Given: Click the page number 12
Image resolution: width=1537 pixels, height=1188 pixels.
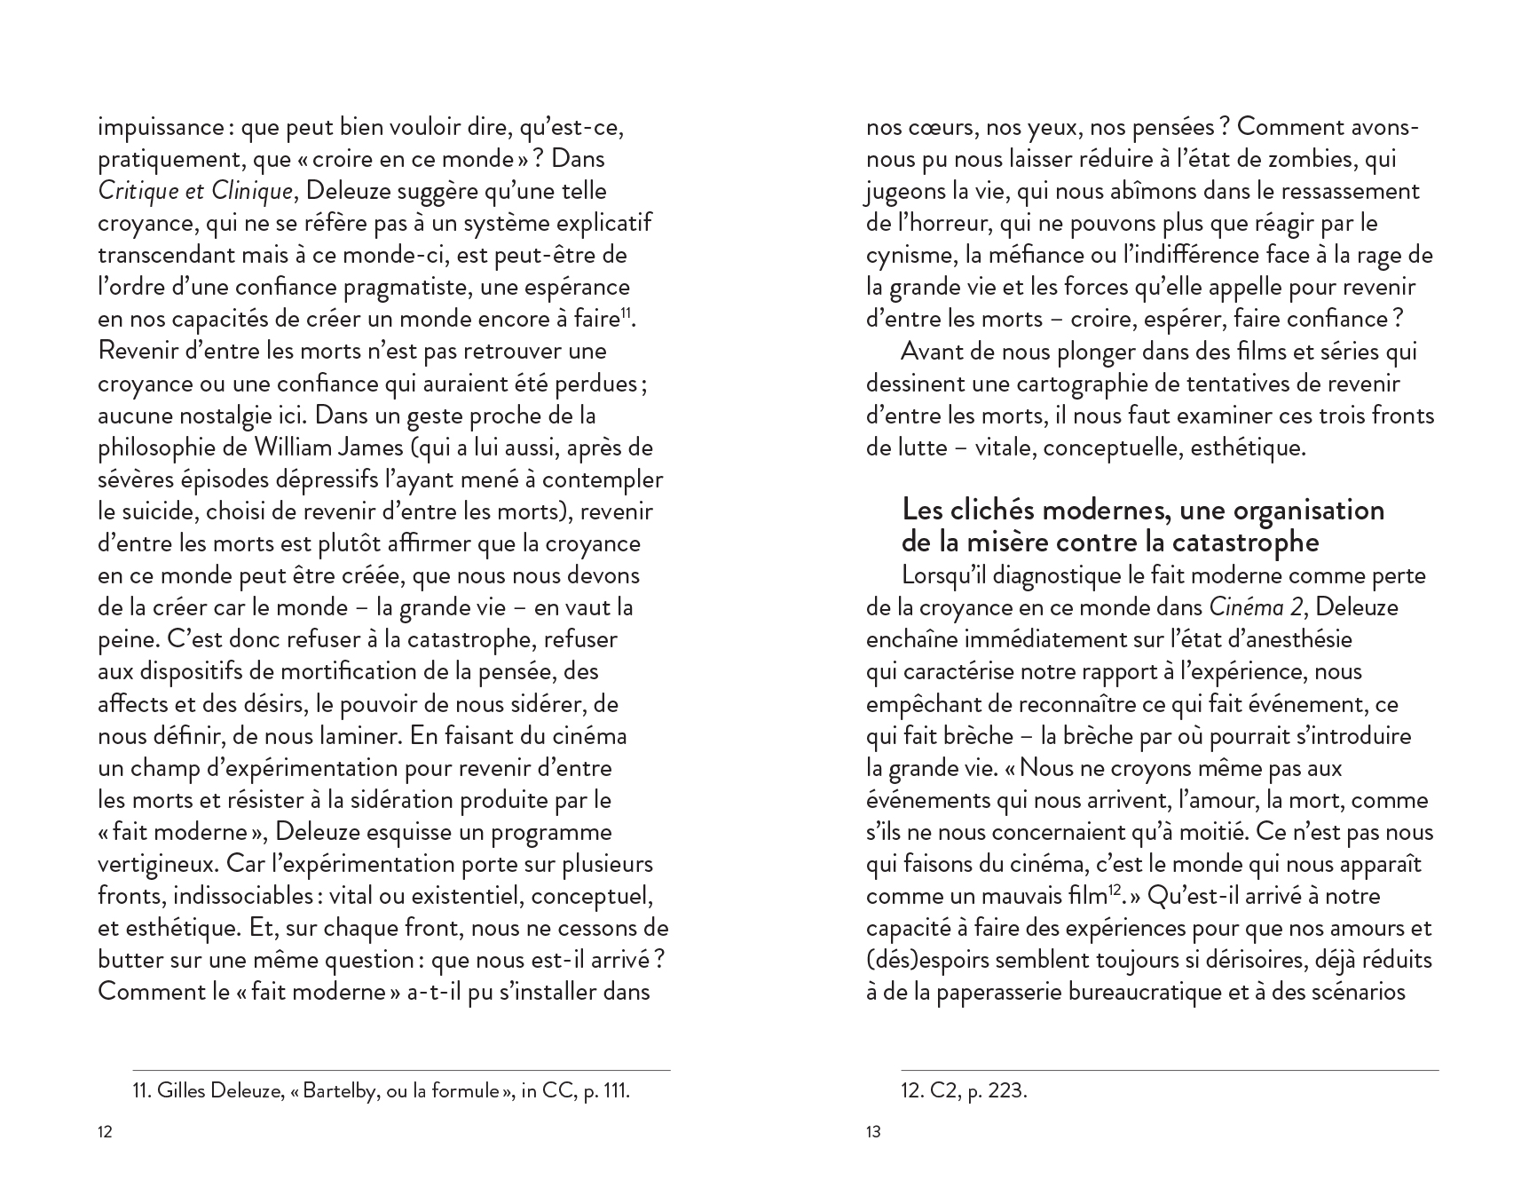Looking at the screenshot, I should pyautogui.click(x=105, y=1132).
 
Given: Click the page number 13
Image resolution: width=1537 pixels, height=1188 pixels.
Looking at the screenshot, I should pyautogui.click(x=873, y=1132).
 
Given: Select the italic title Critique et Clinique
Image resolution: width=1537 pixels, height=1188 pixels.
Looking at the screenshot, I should pyautogui.click(x=195, y=191).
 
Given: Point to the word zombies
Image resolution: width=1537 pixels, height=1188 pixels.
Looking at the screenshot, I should pyautogui.click(x=1284, y=159).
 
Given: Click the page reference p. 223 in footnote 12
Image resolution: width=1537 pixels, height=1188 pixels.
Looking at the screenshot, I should pyautogui.click(x=997, y=1090).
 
